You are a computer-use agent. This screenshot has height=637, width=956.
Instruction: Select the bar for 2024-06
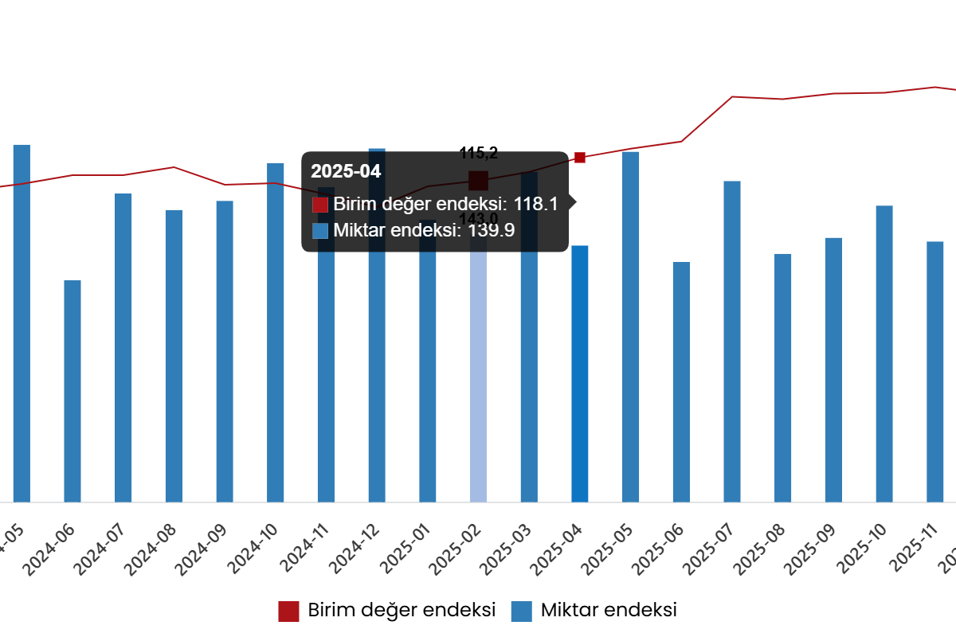point(72,390)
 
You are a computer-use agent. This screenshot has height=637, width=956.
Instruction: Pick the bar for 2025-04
point(580,373)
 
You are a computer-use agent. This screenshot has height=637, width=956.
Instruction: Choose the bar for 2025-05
point(631,326)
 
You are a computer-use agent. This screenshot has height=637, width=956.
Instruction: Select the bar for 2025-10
point(884,354)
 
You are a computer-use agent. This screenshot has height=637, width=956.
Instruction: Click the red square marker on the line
point(580,158)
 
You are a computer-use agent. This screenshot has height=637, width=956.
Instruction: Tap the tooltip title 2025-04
point(346,171)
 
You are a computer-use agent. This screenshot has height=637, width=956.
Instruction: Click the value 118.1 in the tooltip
point(535,204)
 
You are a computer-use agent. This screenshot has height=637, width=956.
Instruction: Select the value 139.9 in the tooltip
point(491,231)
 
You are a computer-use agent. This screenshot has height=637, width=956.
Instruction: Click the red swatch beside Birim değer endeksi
point(320,205)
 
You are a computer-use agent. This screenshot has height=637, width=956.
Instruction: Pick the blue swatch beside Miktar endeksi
point(320,231)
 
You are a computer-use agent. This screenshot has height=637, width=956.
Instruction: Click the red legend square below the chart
point(288,612)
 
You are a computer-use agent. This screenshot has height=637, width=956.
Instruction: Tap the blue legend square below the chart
point(521,612)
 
